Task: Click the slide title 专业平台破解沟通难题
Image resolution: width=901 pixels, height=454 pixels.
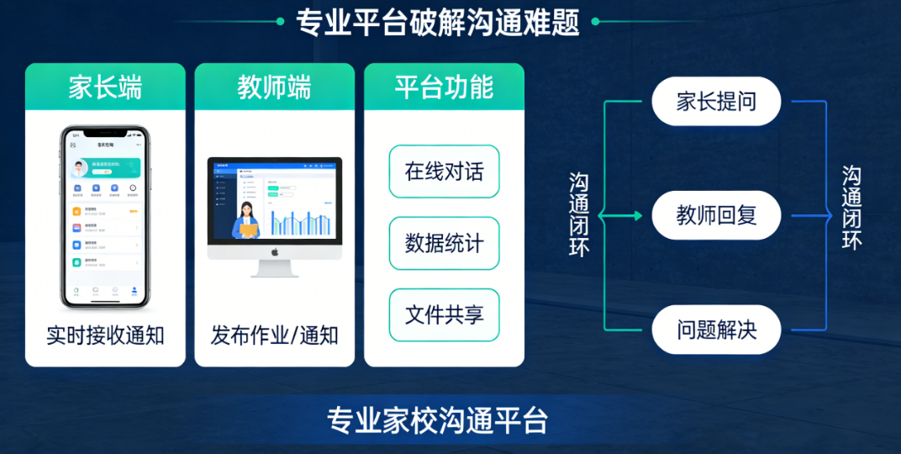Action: point(438,23)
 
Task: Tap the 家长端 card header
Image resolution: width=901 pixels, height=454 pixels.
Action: point(105,87)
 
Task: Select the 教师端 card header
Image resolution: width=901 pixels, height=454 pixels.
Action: point(274,87)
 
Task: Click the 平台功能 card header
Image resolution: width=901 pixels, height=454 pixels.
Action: point(444,87)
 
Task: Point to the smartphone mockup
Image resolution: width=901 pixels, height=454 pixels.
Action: point(104,217)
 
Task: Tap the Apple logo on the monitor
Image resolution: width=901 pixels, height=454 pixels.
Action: point(274,251)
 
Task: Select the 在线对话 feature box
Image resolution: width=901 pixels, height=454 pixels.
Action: point(444,172)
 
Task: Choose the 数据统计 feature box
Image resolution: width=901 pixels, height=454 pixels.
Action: point(444,244)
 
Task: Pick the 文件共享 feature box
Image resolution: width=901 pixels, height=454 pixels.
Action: point(444,315)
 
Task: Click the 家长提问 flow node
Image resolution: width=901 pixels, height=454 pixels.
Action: point(716,102)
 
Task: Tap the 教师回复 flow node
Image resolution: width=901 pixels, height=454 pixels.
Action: point(716,215)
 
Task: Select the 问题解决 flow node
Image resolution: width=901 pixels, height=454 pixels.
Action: point(716,330)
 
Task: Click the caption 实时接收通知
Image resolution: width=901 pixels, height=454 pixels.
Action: point(105,336)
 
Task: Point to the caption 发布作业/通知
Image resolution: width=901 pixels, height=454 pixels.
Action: point(274,336)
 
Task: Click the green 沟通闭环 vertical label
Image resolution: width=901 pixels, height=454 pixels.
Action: point(579,214)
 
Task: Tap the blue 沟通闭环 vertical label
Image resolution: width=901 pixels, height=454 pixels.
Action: point(851,208)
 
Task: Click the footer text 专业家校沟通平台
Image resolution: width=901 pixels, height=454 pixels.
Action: point(437,420)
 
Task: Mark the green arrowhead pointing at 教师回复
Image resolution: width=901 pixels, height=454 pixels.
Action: point(638,216)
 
